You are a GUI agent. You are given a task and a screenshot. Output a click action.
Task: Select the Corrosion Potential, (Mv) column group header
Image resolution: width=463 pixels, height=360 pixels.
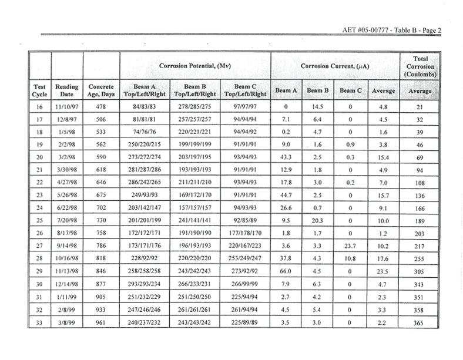194,66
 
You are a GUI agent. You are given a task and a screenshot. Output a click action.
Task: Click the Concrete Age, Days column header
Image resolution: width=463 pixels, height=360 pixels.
101,91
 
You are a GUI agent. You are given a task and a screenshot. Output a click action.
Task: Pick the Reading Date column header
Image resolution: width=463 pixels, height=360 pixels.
66,91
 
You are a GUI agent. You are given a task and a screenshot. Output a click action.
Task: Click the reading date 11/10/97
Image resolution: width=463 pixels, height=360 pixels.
66,107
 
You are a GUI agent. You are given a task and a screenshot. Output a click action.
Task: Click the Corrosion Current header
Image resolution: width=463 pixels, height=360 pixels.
335,66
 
